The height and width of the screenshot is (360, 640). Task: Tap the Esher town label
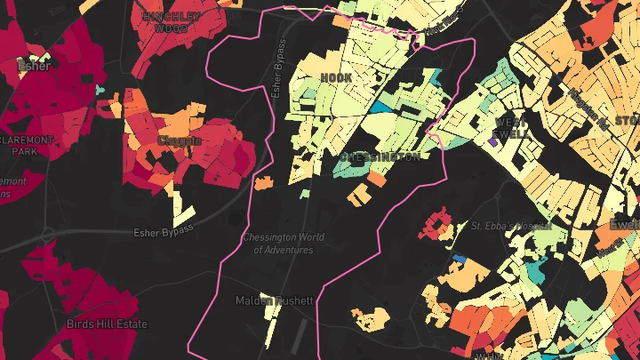[34, 65]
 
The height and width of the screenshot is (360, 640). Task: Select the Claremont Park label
[27, 147]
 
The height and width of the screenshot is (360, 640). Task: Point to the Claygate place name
[180, 140]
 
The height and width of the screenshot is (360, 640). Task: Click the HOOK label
[336, 78]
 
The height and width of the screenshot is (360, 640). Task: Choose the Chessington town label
[380, 156]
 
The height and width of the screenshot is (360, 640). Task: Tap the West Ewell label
[510, 127]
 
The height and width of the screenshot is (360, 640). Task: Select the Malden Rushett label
[274, 300]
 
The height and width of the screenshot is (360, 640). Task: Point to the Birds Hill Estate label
[107, 324]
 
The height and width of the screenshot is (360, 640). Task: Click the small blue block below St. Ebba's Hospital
[460, 259]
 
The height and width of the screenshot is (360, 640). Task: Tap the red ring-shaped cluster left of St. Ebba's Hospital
[436, 224]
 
